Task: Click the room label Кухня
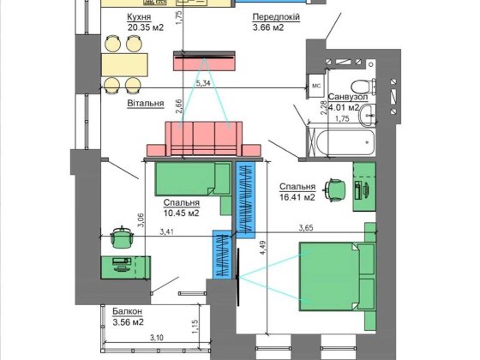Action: point(139,17)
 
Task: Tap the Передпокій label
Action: point(276,17)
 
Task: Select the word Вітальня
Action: point(146,103)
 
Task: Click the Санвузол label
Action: point(348,97)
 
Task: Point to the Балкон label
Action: point(128,311)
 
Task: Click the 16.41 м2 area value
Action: point(297,197)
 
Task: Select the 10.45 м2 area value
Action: point(182,213)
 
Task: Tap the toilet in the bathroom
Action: point(363,87)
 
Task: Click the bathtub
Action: point(345,142)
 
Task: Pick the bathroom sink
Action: point(368,116)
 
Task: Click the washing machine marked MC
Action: point(316,86)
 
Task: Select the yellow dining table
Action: point(124,64)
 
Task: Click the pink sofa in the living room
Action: point(204,139)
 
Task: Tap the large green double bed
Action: point(338,277)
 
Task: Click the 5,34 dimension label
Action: point(202,83)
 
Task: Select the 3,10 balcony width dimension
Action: point(156,338)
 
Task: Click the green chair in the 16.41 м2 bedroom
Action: point(335,189)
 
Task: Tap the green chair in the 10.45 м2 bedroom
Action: point(122,237)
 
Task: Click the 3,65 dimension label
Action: point(306,228)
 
